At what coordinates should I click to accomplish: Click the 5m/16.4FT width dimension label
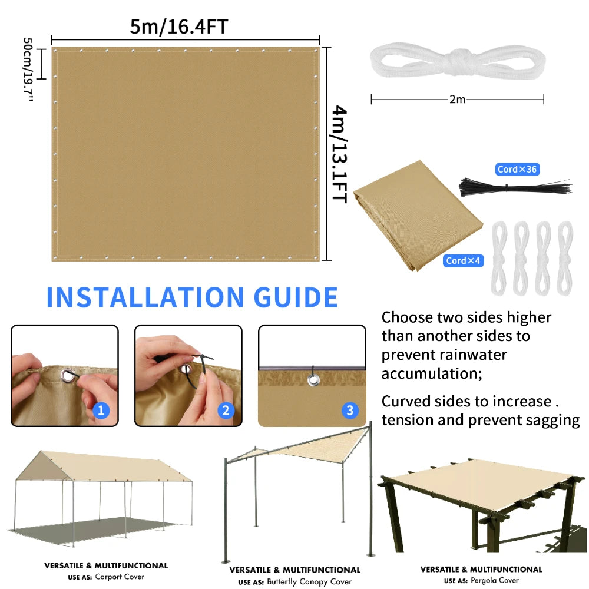pos(179,27)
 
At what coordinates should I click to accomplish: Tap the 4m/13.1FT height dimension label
pos(340,154)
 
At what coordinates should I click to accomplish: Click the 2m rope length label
pos(457,100)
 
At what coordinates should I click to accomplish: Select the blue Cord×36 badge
pos(517,170)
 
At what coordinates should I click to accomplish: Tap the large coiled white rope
pos(457,61)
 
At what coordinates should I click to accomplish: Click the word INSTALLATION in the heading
pos(144,297)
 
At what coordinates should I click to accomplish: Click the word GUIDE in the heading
pos(295,297)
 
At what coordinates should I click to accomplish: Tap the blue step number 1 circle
pos(101,410)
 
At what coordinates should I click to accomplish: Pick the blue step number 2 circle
pos(226,410)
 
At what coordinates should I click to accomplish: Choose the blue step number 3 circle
pos(350,410)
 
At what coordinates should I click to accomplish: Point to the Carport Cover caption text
pos(120,577)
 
